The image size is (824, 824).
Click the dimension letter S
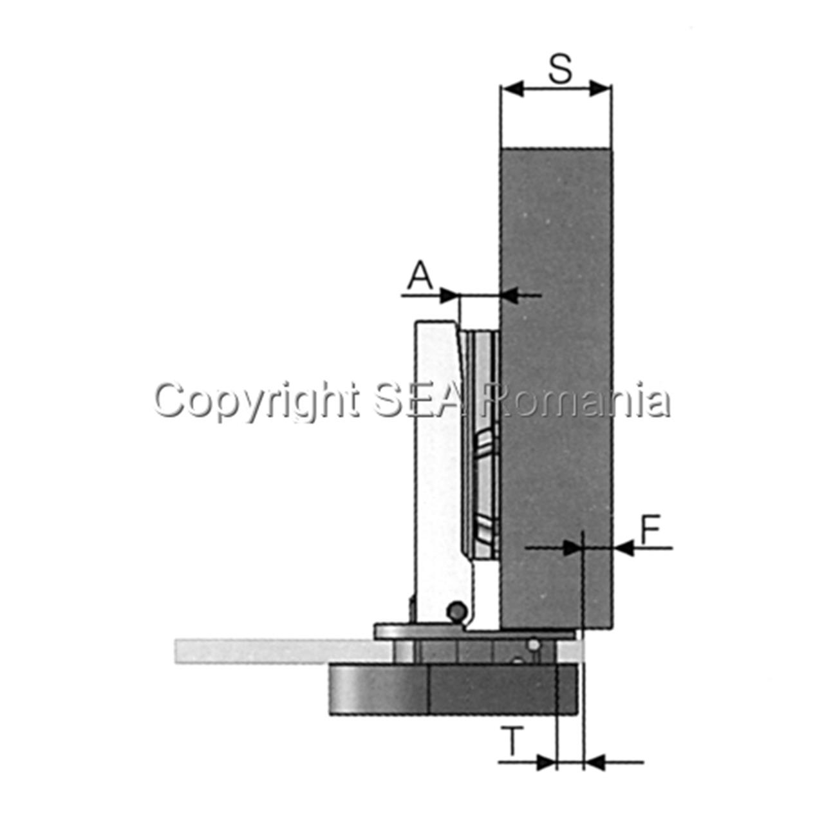coord(559,70)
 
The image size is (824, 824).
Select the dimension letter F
coord(651,530)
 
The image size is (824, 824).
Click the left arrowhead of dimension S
coord(512,88)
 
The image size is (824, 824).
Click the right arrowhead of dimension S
coord(600,88)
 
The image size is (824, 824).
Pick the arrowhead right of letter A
coord(449,295)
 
